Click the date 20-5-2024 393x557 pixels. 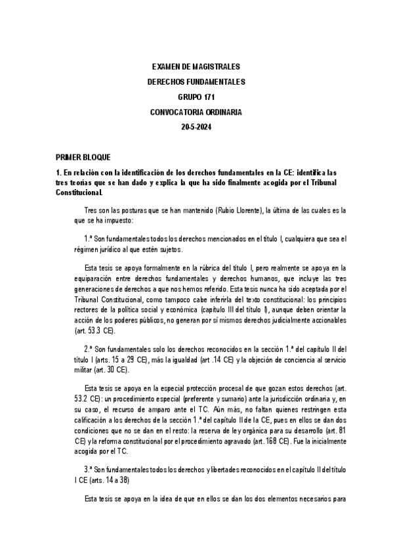[x=196, y=127]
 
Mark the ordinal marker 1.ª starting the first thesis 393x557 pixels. [x=89, y=240]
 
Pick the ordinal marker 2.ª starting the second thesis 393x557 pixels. [x=89, y=348]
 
